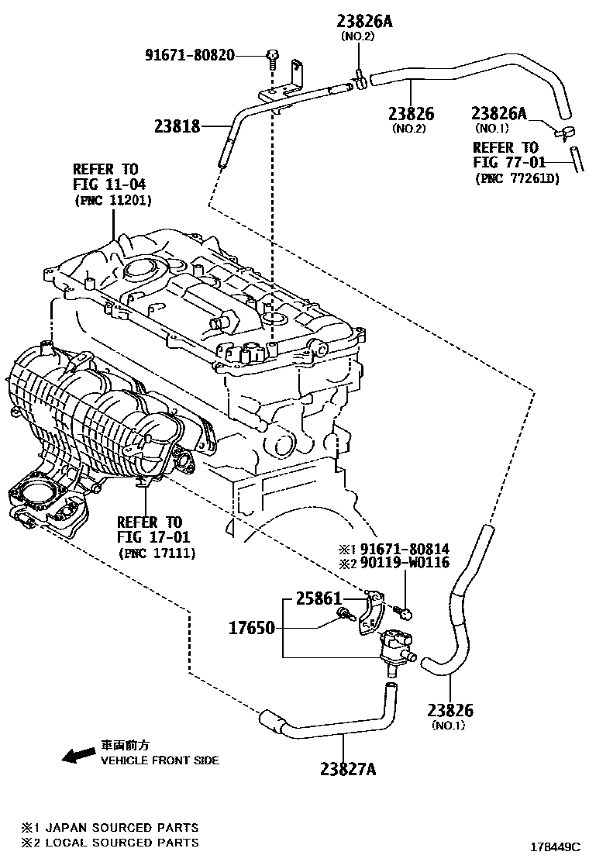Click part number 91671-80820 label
point(190,55)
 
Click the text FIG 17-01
point(153,537)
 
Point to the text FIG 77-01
point(508,162)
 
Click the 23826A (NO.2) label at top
point(363,22)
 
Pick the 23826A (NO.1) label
point(500,115)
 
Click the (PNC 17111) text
point(157,553)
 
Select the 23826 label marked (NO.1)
point(450,710)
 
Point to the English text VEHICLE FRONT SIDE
point(160,760)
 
